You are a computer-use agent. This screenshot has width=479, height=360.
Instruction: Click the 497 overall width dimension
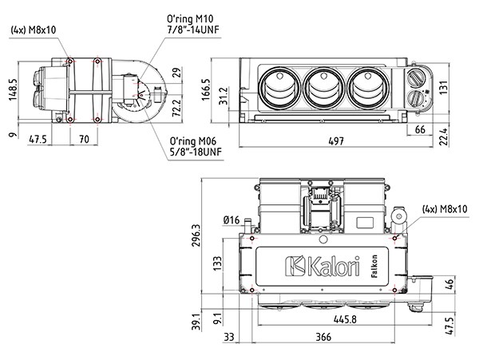coord(336,141)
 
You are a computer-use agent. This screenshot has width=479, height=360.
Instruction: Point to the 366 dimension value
coord(323,338)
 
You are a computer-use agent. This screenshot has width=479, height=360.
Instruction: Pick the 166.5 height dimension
coord(206,89)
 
